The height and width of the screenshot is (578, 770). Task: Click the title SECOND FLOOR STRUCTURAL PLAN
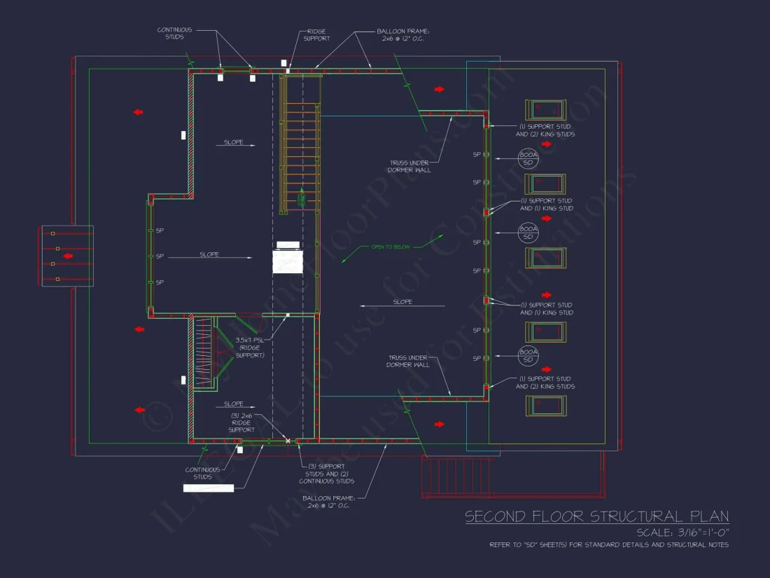596,517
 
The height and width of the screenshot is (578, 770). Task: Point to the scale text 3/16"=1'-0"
682,532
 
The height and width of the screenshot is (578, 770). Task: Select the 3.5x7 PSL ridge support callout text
250,348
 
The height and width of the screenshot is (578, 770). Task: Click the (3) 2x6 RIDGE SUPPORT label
241,422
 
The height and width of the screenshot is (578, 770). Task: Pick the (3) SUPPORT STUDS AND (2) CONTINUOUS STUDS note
326,474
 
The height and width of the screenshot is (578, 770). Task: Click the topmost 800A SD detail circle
528,158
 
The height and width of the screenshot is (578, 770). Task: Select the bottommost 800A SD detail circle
528,355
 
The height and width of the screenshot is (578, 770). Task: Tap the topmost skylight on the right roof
545,110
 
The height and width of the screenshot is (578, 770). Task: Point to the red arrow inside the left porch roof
68,256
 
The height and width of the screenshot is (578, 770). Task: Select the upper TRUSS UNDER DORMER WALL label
410,166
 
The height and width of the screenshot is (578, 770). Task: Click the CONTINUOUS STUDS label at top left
174,34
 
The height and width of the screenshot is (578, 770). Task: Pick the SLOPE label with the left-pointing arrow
402,302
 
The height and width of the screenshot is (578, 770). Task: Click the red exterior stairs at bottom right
456,477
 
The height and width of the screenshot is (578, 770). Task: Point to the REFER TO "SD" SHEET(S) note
608,545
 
